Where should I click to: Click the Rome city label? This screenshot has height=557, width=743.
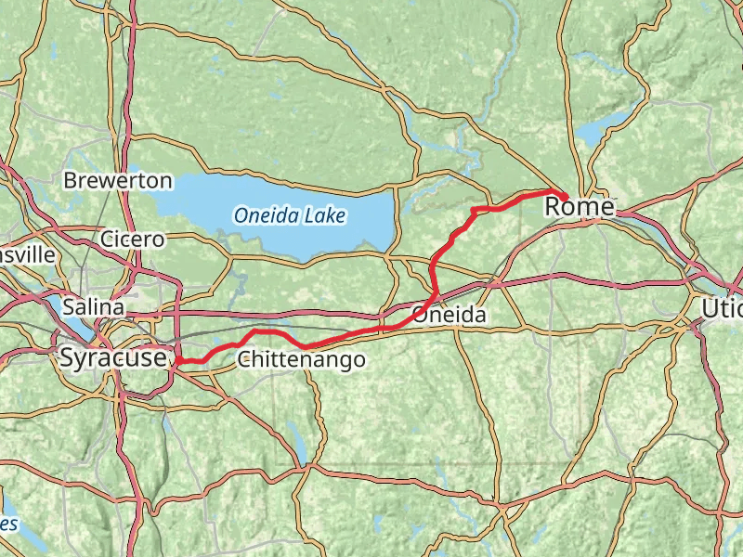(579, 208)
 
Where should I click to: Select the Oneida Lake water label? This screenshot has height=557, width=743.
(290, 216)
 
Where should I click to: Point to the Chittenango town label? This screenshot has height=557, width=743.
(301, 359)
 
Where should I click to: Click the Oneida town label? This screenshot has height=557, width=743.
(450, 316)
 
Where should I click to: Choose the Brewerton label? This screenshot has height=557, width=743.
(118, 181)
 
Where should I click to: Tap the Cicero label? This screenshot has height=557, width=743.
(133, 240)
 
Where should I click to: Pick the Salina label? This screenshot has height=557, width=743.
(94, 305)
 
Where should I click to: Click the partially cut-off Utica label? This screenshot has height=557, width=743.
(722, 306)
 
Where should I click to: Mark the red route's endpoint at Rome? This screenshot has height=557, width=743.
(563, 195)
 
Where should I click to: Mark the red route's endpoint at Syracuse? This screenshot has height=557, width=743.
(176, 360)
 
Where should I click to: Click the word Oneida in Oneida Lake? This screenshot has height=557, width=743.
(264, 216)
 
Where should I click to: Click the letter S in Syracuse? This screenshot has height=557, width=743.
(67, 357)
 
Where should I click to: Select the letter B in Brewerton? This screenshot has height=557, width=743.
(70, 181)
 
